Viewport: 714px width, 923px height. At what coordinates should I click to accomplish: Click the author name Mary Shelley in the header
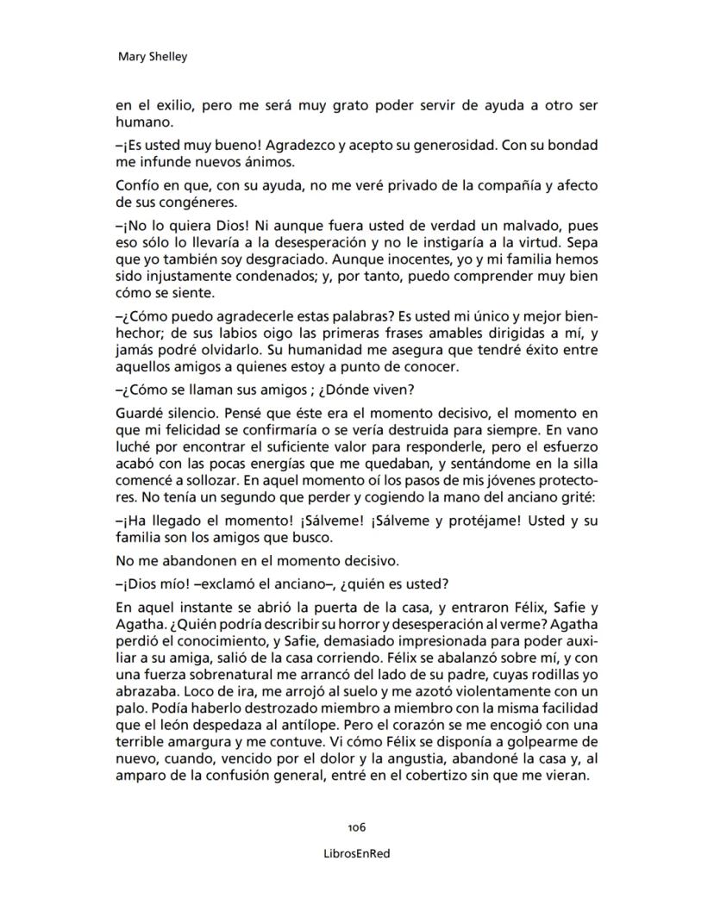tap(151, 58)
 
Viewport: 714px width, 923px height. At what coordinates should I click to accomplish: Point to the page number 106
tap(357, 826)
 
